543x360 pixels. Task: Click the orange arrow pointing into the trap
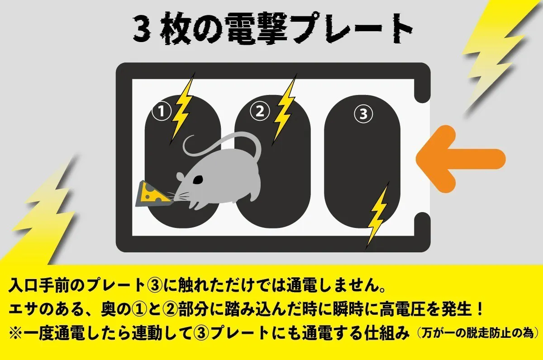461,159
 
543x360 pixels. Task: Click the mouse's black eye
198,180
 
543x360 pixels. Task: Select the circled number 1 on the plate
162,112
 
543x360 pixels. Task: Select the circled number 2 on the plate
260,111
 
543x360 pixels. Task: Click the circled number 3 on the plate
363,114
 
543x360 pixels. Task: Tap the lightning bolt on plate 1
182,109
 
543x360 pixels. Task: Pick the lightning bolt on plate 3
377,215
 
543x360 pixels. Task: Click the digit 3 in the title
141,30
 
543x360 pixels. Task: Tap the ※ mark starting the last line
16,334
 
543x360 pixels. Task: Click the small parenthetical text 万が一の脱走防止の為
475,334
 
